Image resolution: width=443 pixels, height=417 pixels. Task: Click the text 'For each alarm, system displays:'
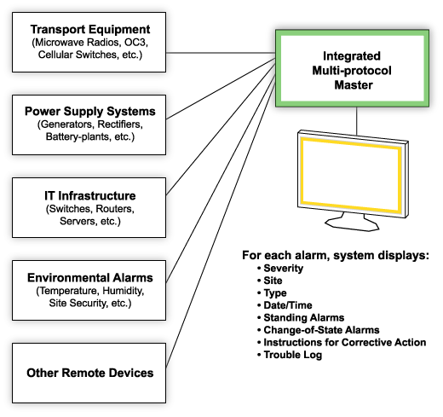click(x=335, y=255)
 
